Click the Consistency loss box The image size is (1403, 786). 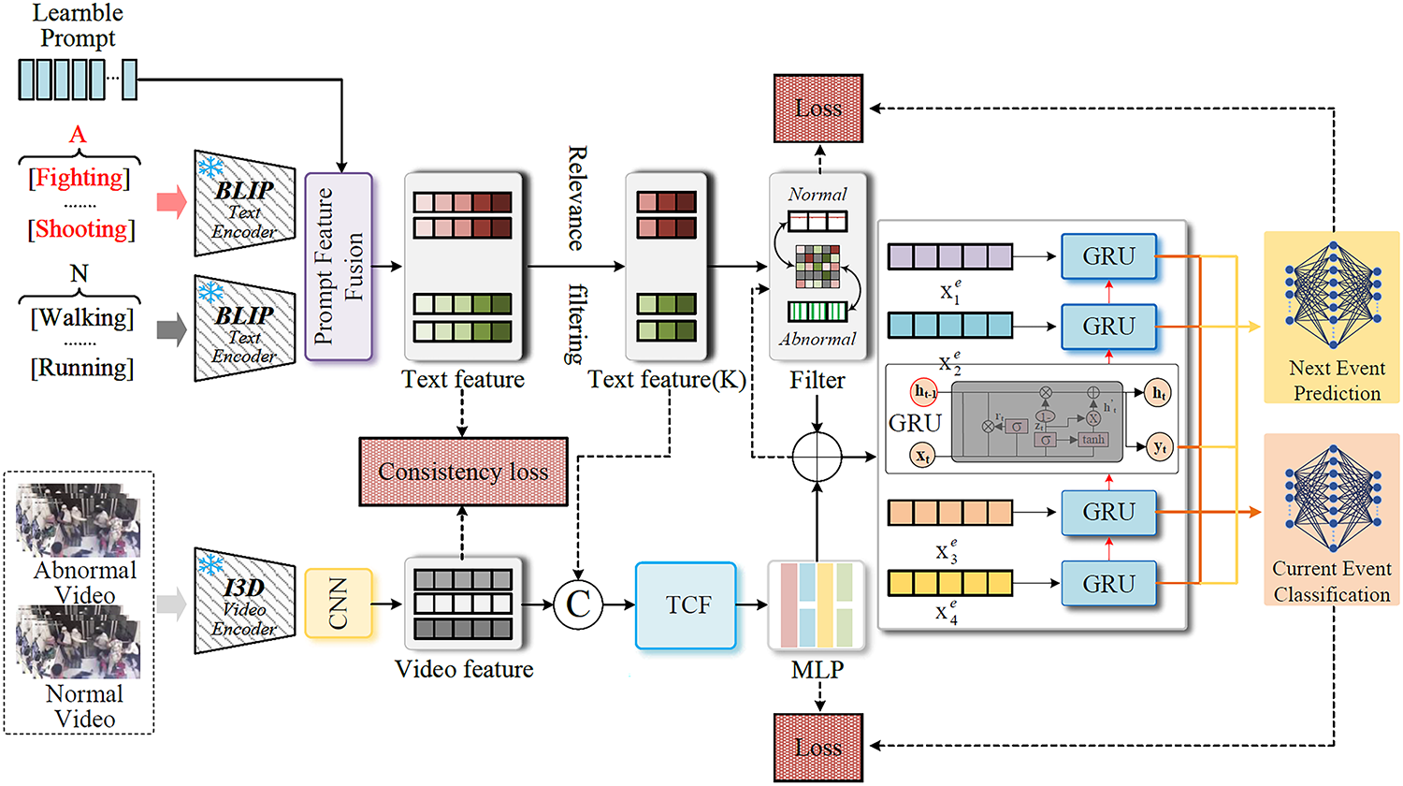[463, 472]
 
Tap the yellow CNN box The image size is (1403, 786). [339, 604]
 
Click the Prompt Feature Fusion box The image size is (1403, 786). [339, 267]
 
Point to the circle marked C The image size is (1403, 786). [578, 604]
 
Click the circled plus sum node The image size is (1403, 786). [817, 458]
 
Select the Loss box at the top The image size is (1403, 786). [818, 109]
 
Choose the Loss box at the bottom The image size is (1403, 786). [818, 748]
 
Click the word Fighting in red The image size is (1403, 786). [79, 178]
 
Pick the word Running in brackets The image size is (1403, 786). [82, 368]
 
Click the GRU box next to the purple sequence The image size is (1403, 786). [1108, 256]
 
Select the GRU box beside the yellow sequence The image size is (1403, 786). [1108, 584]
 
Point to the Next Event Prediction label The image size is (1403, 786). [1337, 381]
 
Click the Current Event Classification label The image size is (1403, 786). [1332, 581]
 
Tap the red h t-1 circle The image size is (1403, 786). [924, 394]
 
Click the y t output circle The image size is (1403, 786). [1160, 447]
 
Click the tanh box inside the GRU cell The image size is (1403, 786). [1092, 439]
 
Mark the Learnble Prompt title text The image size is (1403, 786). [78, 25]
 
